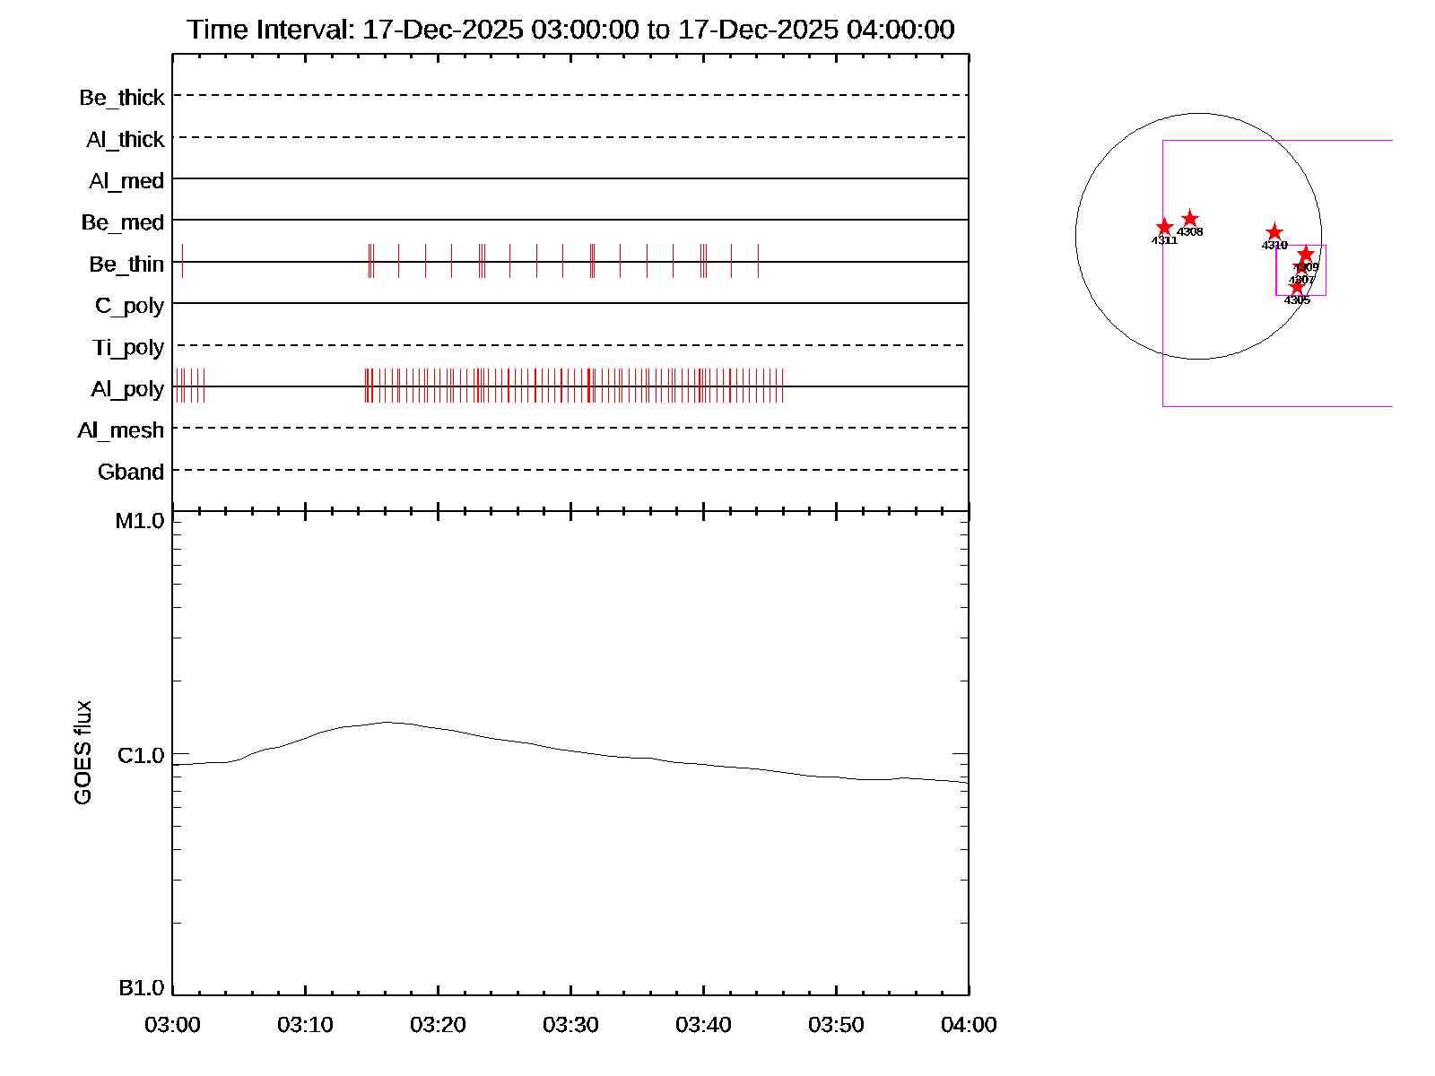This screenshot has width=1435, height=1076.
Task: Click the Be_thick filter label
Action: pos(122,98)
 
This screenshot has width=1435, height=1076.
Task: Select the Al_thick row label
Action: pos(126,140)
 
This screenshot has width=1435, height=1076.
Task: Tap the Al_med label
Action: pos(126,181)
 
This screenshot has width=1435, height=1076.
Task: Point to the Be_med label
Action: pos(123,222)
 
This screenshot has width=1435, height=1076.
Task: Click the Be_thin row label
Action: pos(126,265)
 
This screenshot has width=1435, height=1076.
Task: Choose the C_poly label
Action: pos(129,306)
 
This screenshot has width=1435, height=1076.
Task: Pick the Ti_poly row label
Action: pos(128,348)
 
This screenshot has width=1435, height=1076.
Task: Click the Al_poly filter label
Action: pos(127,389)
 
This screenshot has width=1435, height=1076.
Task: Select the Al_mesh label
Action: pos(121,430)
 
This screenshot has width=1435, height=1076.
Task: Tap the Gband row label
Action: pos(131,473)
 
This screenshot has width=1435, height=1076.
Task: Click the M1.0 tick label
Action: pos(140,521)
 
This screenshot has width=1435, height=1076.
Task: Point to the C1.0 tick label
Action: pos(141,756)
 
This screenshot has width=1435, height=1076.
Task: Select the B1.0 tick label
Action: pos(141,988)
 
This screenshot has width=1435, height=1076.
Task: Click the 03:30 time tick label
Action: pos(570,1025)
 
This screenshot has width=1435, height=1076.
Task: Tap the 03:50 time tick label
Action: pos(836,1025)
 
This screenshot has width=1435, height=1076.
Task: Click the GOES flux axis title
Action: pos(83,753)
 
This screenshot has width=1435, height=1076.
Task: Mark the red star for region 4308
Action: pos(1190,219)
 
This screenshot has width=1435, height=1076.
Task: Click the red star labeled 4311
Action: pos(1164,227)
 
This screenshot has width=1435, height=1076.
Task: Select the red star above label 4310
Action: pos(1274,232)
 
